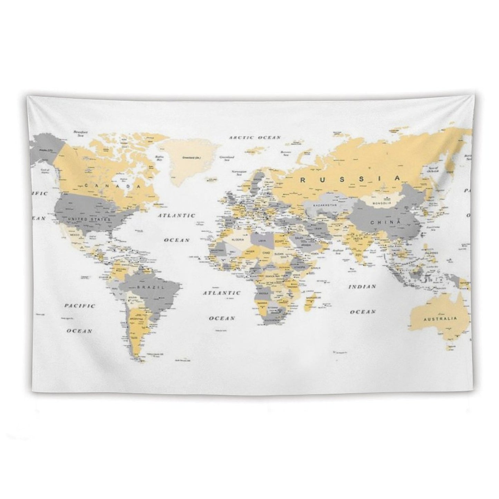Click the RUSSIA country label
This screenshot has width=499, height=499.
[x=350, y=179]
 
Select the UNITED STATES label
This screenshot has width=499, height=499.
[x=89, y=219]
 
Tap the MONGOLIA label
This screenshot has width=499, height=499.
[x=381, y=203]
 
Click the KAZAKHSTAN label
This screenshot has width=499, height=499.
[x=325, y=205]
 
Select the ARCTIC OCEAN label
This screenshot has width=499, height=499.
[x=255, y=137]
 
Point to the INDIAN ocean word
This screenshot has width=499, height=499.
[x=362, y=287]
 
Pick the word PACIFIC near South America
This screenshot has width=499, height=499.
[x=80, y=306]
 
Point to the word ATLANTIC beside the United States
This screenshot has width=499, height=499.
[x=177, y=215]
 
